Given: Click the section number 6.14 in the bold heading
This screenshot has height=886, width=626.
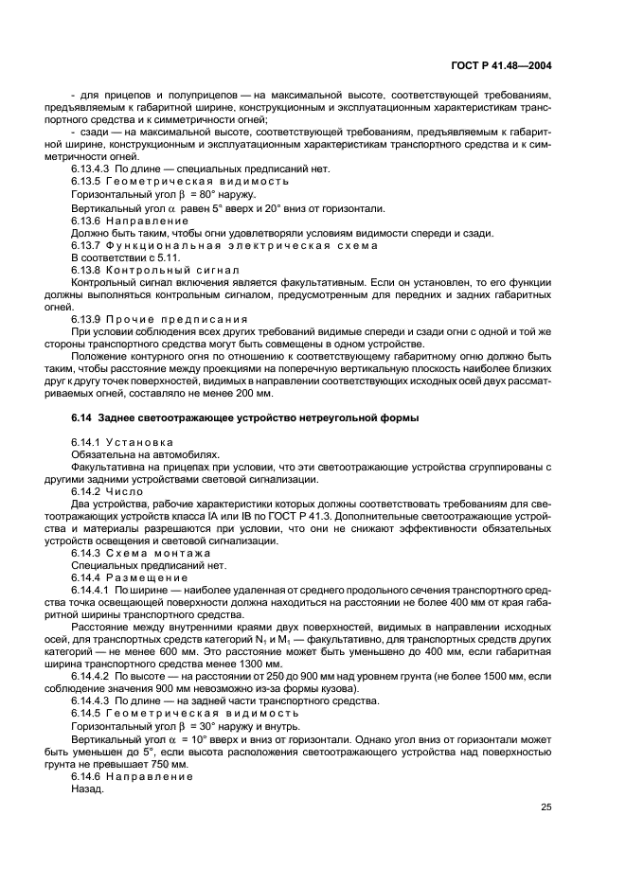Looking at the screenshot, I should [x=82, y=417].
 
